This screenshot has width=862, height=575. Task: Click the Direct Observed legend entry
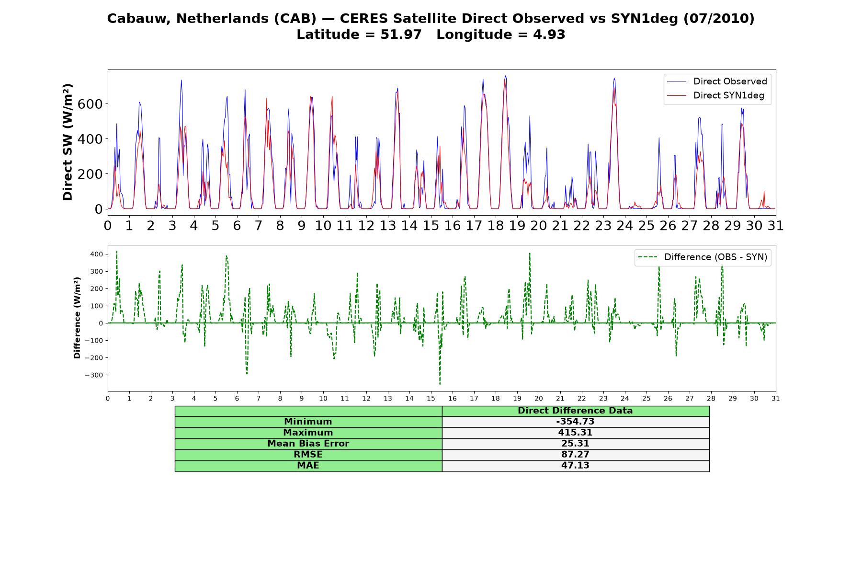[x=717, y=81]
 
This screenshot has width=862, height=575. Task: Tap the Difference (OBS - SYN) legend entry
[x=703, y=257]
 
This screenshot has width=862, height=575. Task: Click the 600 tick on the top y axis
[x=91, y=104]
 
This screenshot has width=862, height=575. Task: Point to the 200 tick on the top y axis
[x=91, y=174]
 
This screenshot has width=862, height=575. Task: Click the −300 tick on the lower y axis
[x=94, y=375]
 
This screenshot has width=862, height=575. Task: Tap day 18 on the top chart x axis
[x=496, y=225]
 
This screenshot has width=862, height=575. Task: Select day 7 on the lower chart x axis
[x=259, y=399]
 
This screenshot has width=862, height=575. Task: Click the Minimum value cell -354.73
[x=575, y=422]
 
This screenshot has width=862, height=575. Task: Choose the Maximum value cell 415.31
[x=575, y=433]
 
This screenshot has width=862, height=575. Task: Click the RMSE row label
[x=308, y=455]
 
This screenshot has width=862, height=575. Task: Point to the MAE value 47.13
[x=575, y=466]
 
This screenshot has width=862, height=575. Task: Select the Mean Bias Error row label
[x=308, y=444]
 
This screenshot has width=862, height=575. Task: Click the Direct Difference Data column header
[x=575, y=411]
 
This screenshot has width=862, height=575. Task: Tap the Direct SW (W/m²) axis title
[x=68, y=142]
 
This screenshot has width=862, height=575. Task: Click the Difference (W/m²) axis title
[x=77, y=318]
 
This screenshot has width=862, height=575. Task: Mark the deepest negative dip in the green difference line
[x=440, y=384]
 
